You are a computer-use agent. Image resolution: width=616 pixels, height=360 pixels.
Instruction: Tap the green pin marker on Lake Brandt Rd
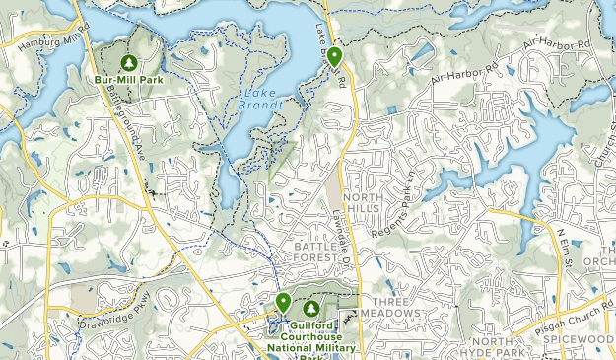click(335, 56)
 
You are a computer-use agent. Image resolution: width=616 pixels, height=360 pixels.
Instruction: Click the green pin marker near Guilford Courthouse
click(283, 303)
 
